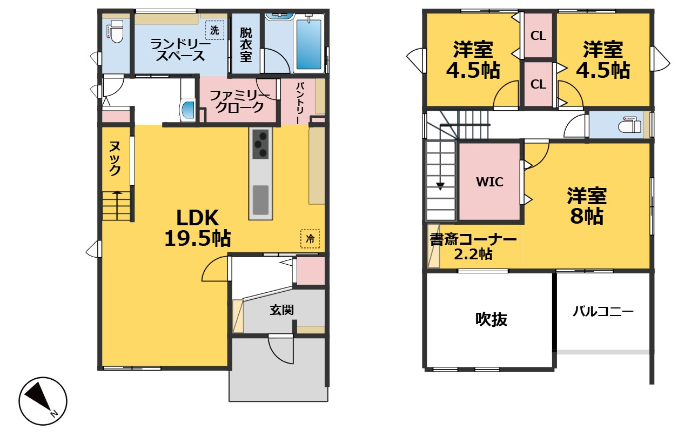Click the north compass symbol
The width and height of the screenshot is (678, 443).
coord(43,401)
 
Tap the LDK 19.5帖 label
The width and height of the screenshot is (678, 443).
coord(198,228)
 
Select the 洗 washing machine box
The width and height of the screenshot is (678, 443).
coord(214,30)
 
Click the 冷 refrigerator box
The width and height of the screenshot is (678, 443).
coord(310,239)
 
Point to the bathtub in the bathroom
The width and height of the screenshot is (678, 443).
coord(308,44)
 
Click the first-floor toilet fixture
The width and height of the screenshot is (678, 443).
coord(115,32)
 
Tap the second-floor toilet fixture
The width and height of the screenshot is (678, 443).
coord(629,125)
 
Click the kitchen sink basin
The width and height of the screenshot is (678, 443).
coord(260,200)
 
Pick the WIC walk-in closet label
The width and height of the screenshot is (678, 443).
coord(490,182)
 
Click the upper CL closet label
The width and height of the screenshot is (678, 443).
coord(538,36)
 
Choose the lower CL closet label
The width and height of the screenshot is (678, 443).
coord(538,84)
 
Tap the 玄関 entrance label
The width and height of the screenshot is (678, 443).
coord(282,310)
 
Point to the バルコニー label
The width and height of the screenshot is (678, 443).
coord(603,311)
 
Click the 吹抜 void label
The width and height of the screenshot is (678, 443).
coord(491,319)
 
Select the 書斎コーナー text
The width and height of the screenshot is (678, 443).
coord(473,239)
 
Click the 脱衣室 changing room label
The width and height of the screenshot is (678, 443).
coord(246,45)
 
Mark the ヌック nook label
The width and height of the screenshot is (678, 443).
coord(115,158)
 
